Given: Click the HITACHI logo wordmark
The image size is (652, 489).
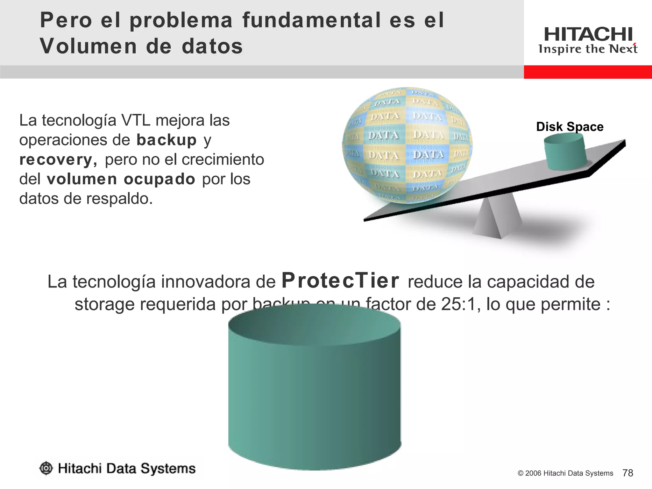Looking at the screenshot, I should coord(588,34).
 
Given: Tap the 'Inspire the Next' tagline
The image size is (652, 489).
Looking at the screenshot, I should coord(588,49).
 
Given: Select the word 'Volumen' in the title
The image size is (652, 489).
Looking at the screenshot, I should coord(88,46).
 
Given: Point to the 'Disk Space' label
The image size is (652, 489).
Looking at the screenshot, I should coord(570,127).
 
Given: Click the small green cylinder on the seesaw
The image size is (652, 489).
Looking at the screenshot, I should coord(565,152).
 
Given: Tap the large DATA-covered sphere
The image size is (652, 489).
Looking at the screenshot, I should coord(407,145).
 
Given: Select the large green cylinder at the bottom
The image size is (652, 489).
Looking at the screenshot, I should coord(315,388).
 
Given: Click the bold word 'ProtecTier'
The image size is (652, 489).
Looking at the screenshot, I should coord(340,281).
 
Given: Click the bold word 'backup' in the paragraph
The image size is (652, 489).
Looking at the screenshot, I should coord(167,140).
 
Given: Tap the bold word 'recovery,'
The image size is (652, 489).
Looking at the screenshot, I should coord(58,160).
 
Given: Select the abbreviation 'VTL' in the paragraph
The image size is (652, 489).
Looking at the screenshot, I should coord(136,120).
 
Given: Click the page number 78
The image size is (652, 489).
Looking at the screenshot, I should coord(627,473).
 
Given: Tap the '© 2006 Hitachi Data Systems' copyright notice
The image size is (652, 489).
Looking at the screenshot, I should coord(565,473).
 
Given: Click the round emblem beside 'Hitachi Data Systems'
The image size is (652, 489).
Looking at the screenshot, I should coord(46,468).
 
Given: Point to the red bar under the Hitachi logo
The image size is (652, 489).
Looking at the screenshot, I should coord(588,72).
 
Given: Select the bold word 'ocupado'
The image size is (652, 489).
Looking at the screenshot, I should coord(159,179).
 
